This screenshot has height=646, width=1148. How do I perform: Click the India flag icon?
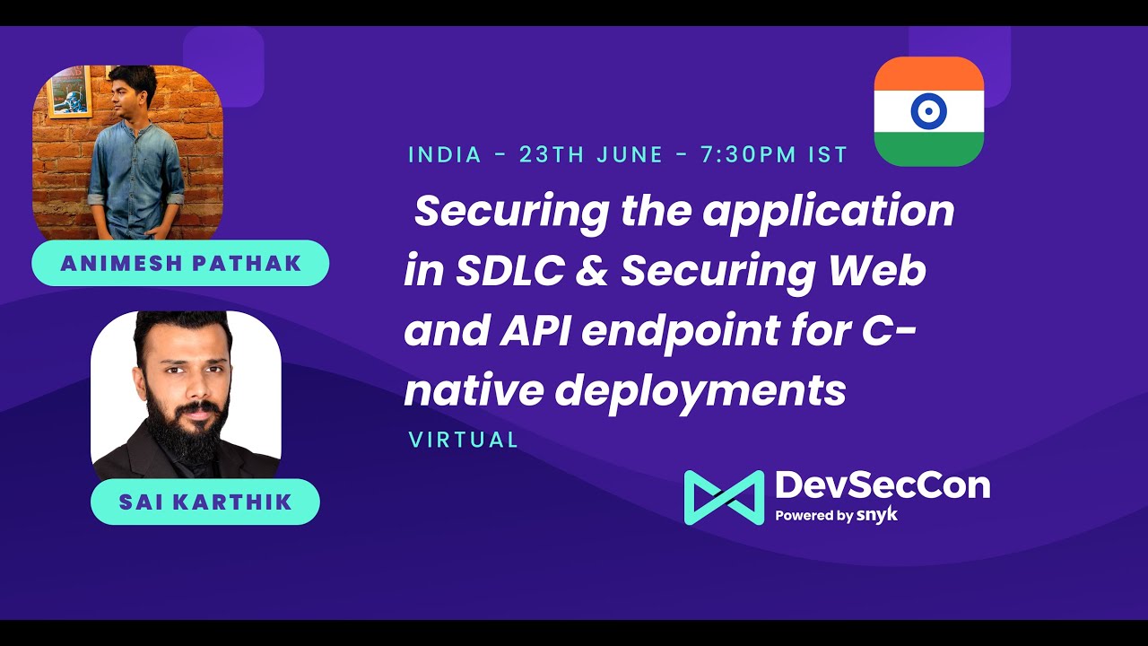[x=928, y=111]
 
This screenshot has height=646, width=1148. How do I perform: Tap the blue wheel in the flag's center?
[x=928, y=111]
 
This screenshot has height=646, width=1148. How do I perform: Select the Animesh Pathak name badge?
[x=180, y=263]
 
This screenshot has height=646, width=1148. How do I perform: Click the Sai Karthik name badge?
[x=204, y=502]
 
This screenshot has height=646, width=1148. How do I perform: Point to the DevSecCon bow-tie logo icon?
[x=724, y=497]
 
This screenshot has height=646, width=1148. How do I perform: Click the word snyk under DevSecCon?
[x=877, y=515]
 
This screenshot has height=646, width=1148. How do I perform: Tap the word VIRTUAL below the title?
[x=464, y=440]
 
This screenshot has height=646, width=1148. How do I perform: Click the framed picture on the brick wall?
[x=69, y=91]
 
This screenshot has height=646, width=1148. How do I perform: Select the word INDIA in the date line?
[x=445, y=154]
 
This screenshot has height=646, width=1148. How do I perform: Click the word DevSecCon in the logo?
[x=883, y=485]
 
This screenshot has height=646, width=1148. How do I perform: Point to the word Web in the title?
[x=883, y=271]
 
